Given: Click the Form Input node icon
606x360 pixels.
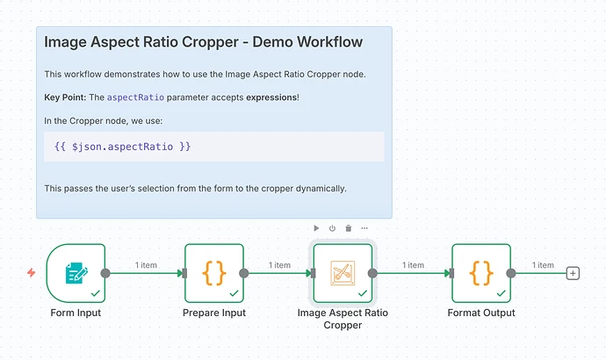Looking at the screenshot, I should pos(76,273).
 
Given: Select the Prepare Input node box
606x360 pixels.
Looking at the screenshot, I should pos(213,273).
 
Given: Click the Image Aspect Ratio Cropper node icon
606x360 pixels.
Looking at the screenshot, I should pos(343,273).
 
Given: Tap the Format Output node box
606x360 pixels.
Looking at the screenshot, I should pos(481,273).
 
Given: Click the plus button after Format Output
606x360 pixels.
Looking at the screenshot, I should pos(574,273).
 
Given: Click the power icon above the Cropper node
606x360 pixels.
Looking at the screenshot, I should pos(333,228).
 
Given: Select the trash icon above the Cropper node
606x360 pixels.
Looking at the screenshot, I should pos(349,228).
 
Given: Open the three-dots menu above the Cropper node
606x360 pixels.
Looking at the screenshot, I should pos(364,228).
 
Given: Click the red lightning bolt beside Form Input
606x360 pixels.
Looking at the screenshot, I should pos(32,273).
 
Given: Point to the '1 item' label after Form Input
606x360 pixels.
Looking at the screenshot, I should pos(146,265).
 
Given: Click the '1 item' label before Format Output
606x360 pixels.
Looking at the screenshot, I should pos(413,265).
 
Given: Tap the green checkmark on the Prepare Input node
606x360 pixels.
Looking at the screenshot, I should pos(234,292).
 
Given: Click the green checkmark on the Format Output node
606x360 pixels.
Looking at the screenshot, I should pos(501,292).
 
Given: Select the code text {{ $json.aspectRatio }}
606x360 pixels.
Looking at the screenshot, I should pos(122,147).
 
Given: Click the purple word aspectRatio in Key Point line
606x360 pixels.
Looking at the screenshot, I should pos(135,97).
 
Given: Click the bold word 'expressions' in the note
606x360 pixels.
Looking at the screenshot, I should pos(271,97).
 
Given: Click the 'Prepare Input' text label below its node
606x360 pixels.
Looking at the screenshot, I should pos(213,313).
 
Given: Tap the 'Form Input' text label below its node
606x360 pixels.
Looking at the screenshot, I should pos(76,313).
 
